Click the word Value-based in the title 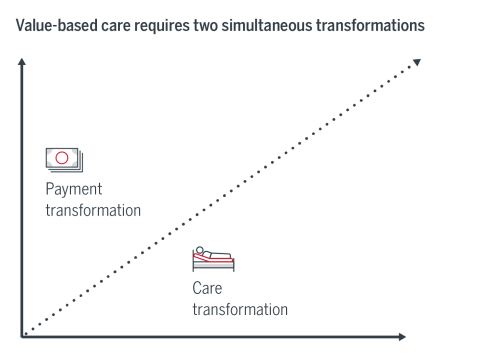50,23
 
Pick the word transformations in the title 364,23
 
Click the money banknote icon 64,160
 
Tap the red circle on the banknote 62,158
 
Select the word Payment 74,189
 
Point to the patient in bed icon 213,259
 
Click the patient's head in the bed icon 202,251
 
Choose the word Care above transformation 207,288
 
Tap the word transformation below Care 240,309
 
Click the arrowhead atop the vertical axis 22,64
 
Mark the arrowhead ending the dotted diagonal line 417,63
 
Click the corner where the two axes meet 22,336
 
